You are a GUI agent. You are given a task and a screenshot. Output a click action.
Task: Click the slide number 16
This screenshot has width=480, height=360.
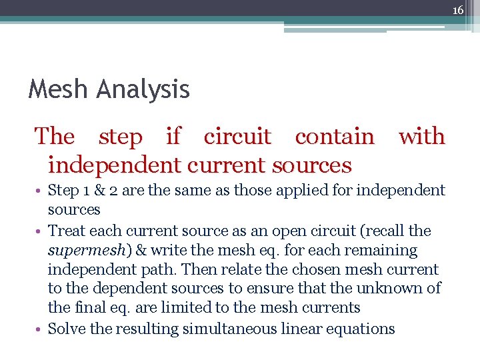[x=458, y=10]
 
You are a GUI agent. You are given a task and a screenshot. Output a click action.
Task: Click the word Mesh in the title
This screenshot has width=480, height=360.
[x=55, y=89]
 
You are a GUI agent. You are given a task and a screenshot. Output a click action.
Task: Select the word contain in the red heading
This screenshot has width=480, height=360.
[x=335, y=136]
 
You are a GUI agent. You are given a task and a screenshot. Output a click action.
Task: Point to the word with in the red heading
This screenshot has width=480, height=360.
[x=421, y=136]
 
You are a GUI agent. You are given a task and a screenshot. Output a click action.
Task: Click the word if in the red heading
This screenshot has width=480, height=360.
[x=173, y=136]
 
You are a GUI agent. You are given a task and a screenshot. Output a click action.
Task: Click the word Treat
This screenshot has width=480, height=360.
[x=67, y=231]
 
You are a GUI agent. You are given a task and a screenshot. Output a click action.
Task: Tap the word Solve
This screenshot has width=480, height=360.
[x=65, y=329]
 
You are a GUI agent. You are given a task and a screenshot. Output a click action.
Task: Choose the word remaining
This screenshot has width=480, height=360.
[x=385, y=251]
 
